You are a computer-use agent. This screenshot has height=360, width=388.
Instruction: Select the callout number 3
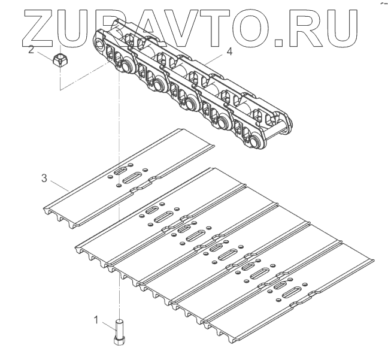pyautogui.click(x=44, y=178)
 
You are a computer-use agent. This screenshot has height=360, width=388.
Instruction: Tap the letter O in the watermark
pyautogui.click(x=248, y=28)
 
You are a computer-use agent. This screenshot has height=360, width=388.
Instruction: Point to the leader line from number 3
pyautogui.click(x=57, y=184)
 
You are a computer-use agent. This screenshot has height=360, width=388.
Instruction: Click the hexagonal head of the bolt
pyautogui.click(x=119, y=341)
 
